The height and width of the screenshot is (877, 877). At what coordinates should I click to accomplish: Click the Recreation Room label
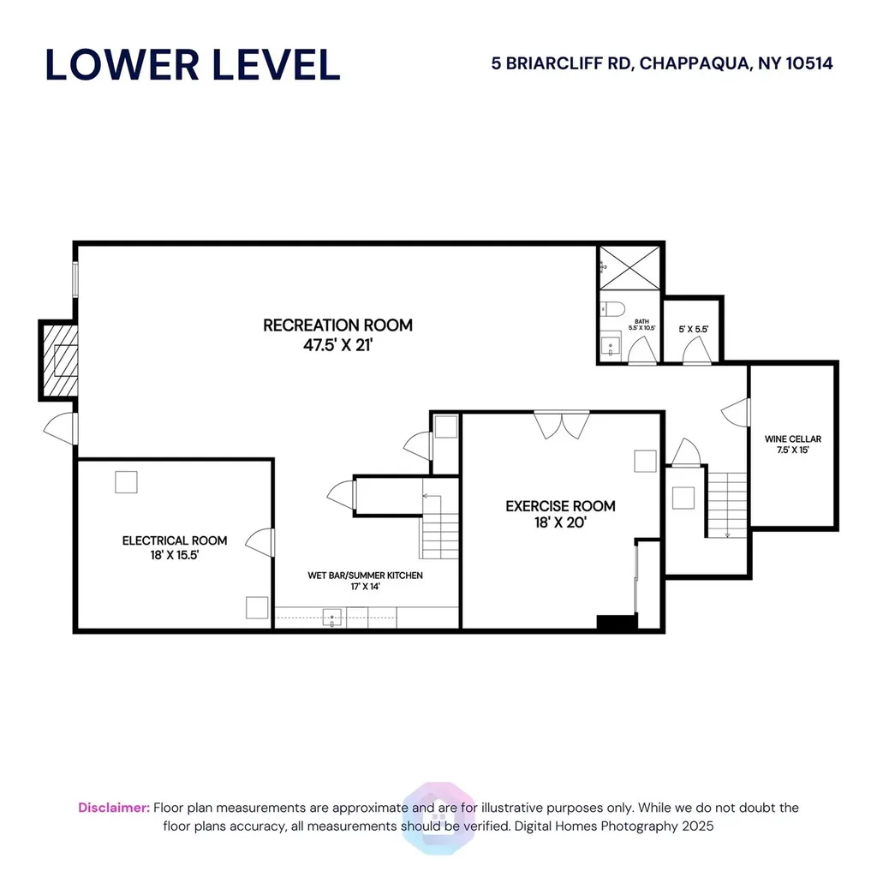[x=337, y=335]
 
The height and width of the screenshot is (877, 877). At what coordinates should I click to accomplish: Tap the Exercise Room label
[x=560, y=514]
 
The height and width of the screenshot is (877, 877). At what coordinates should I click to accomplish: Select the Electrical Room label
[x=175, y=547]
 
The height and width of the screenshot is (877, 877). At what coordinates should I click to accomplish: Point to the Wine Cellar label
[x=792, y=444]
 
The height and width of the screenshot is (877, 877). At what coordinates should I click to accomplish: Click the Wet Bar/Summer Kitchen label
[x=365, y=581]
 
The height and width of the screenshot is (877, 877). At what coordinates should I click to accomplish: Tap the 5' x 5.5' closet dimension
[x=694, y=330]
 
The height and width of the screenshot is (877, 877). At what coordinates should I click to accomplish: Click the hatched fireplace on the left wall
[x=60, y=361]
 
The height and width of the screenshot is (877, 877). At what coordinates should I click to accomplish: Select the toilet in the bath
[x=612, y=309]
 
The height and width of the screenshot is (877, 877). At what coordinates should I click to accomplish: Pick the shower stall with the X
[x=629, y=268]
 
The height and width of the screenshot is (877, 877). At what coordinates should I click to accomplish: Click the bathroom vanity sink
[x=611, y=346]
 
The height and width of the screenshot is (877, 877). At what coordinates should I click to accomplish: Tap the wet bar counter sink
[x=332, y=617]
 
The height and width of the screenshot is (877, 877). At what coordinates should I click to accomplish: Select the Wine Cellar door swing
[x=736, y=413]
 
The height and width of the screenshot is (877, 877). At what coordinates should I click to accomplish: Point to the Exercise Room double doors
[x=562, y=425]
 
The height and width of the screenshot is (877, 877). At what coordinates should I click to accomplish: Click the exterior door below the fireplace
[x=61, y=428]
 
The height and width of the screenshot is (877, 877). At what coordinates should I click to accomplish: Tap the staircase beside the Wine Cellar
[x=727, y=505]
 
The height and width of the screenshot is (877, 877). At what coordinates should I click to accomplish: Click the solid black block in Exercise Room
[x=617, y=622]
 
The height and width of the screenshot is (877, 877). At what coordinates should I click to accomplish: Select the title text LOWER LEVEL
[x=193, y=65]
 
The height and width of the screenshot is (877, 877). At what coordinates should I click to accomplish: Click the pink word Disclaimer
[x=114, y=808]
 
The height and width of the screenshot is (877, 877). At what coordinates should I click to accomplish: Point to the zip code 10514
[x=809, y=63]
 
